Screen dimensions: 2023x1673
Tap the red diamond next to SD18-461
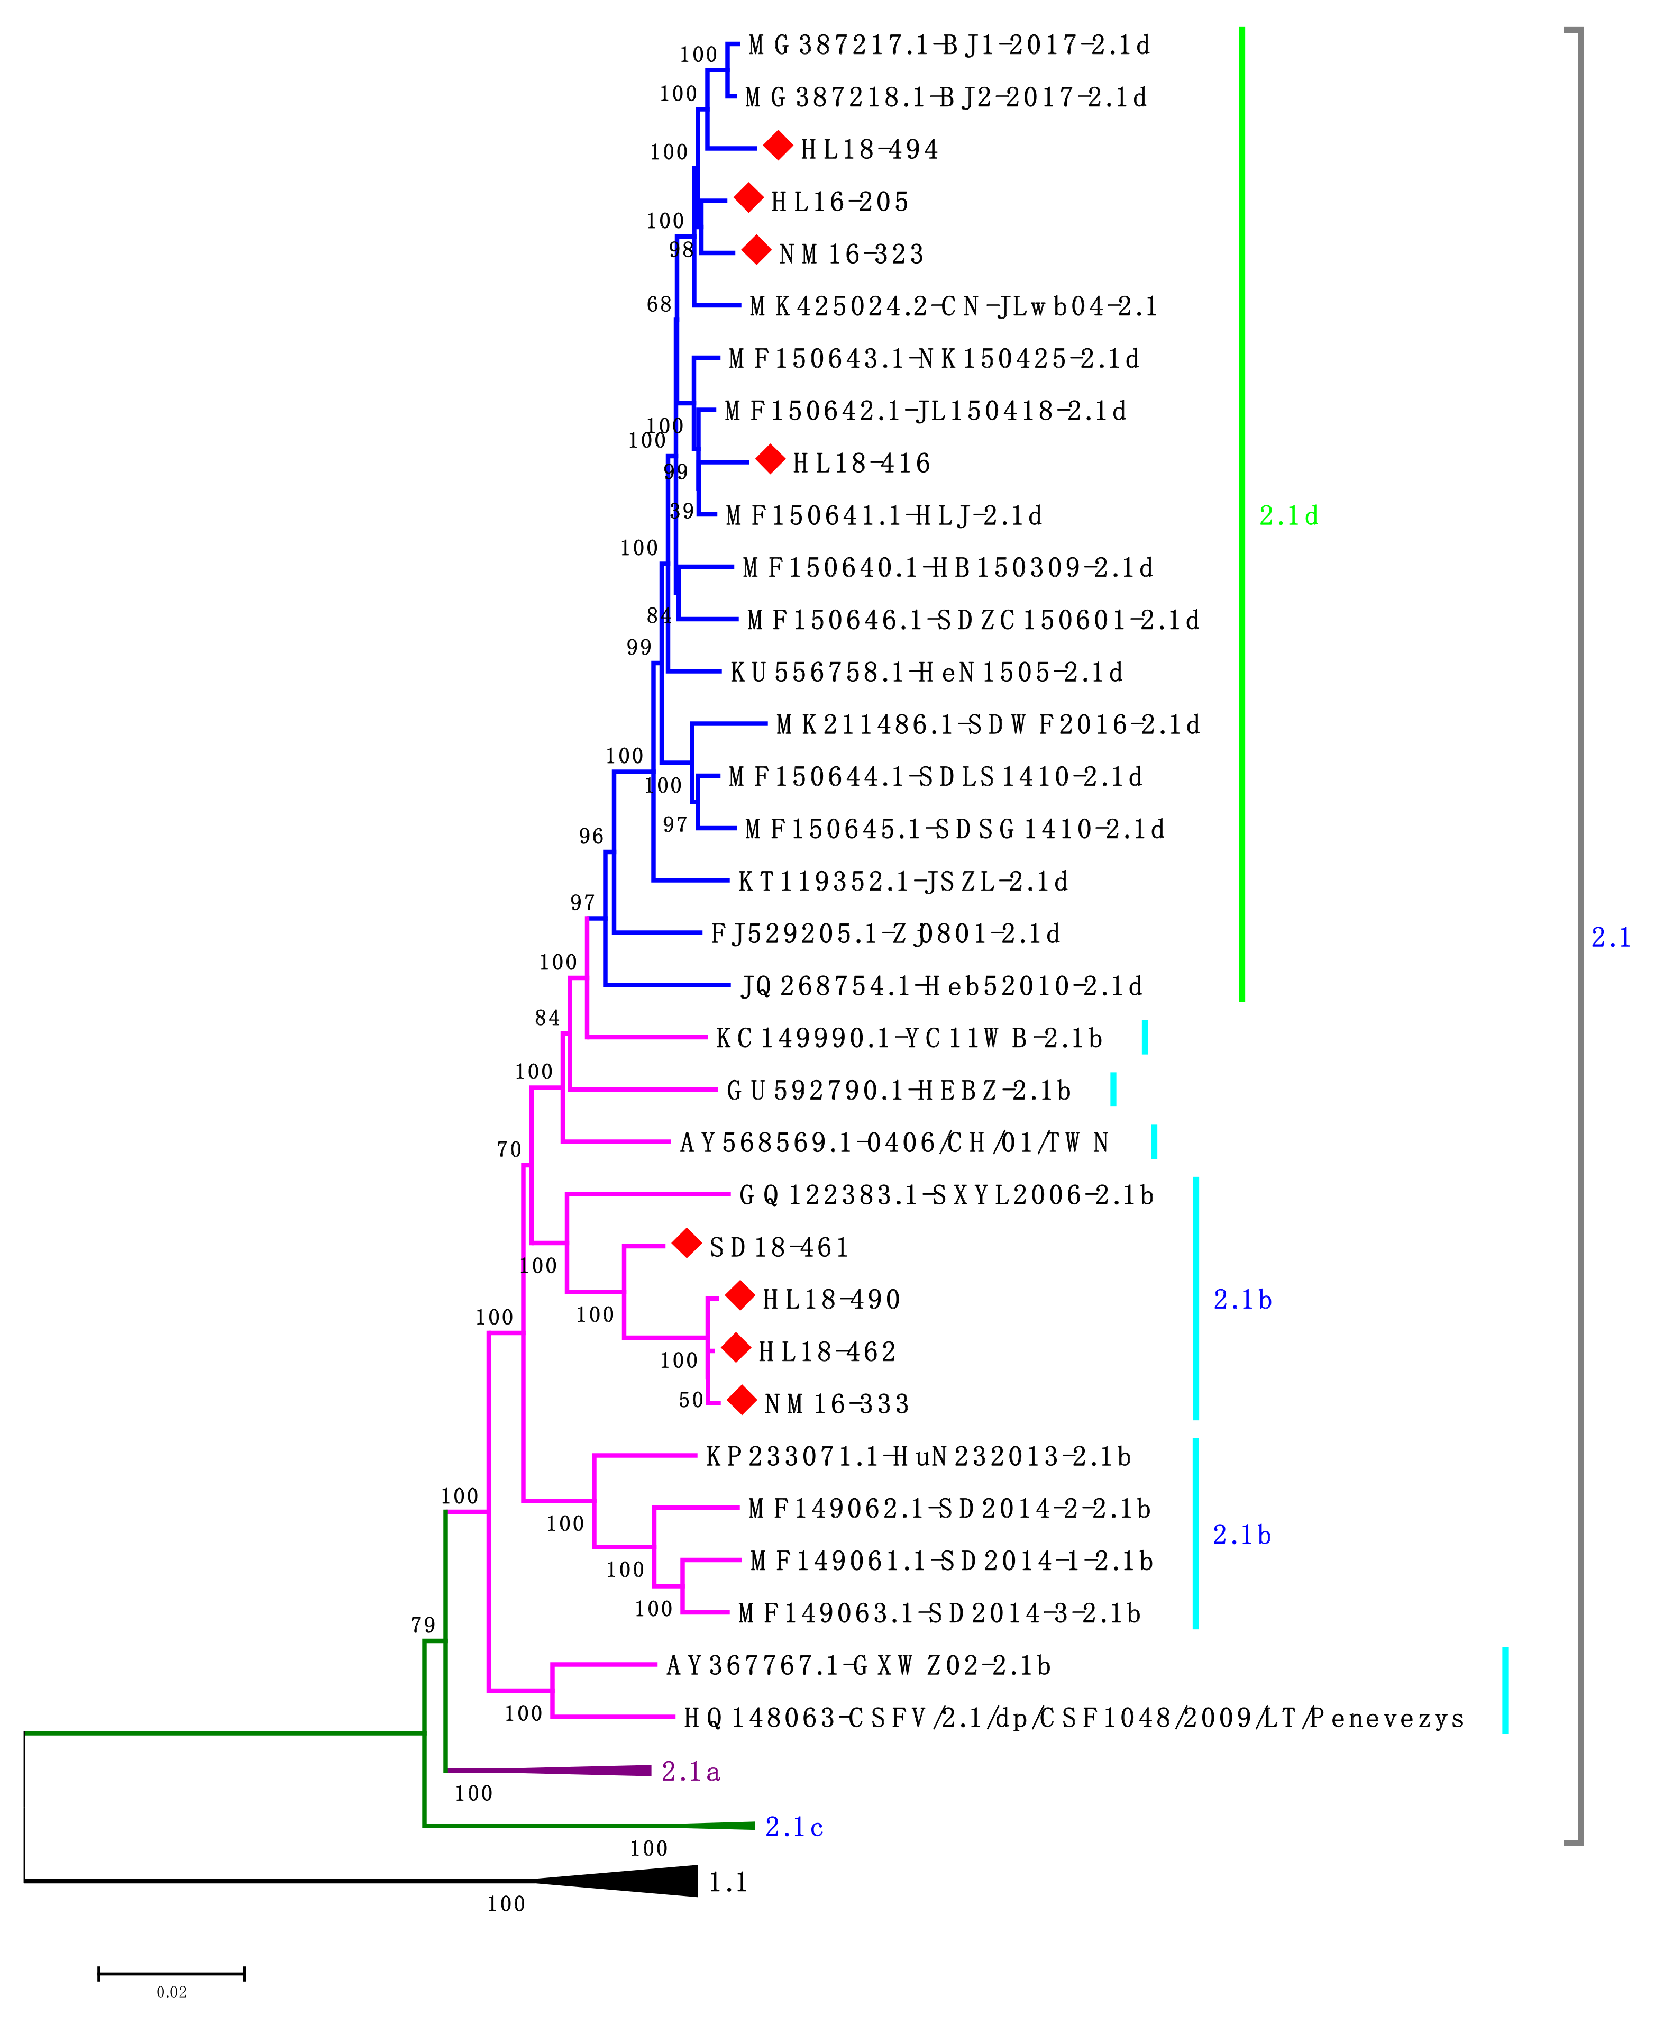686,1244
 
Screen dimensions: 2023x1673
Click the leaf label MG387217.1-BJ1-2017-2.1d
949,46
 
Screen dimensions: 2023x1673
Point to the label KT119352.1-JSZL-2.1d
902,882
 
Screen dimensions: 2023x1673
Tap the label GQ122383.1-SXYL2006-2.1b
946,1195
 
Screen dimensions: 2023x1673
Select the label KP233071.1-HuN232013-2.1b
918,1457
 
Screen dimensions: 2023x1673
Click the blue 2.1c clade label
793,1827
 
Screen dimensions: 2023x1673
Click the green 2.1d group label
1288,516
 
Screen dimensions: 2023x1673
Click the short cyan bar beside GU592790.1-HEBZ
1113,1090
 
